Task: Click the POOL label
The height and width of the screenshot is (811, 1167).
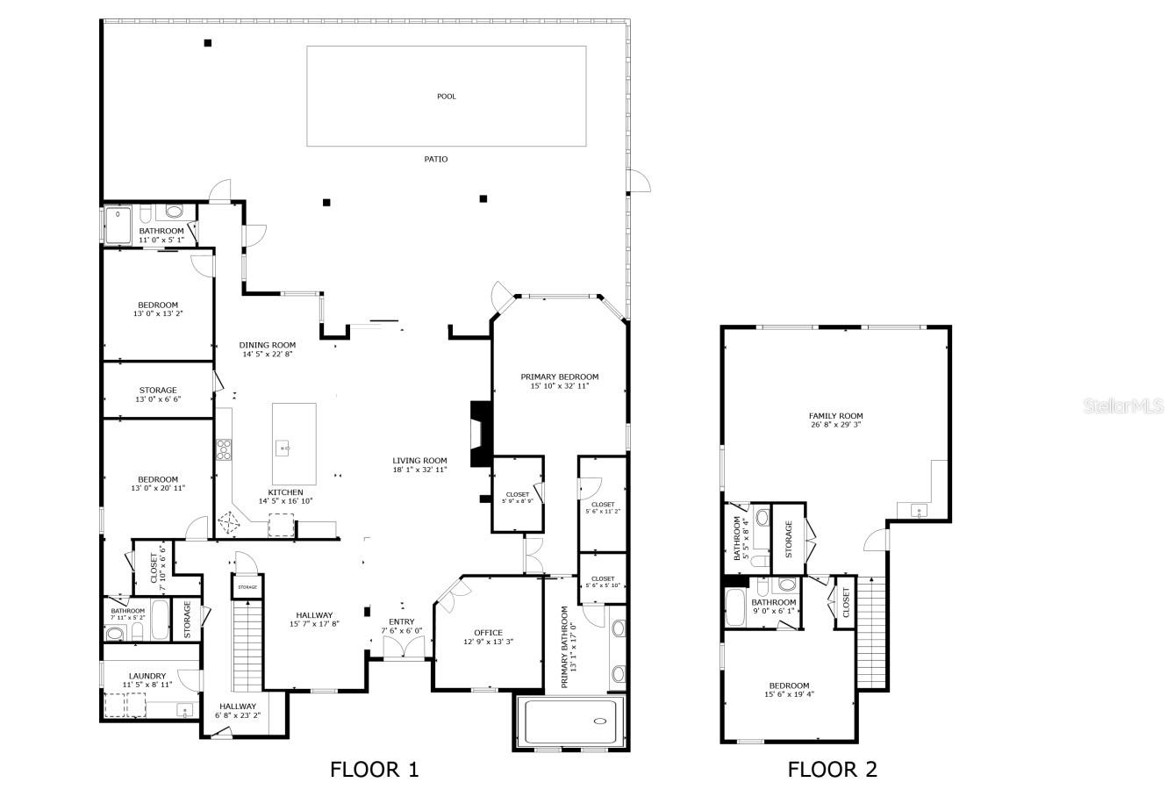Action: tap(447, 97)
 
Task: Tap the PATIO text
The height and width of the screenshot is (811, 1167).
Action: tap(436, 159)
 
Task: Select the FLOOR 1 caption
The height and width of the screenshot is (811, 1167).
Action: tap(375, 770)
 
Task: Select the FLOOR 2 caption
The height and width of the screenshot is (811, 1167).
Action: tap(832, 770)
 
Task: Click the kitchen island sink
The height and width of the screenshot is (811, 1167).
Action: tap(284, 449)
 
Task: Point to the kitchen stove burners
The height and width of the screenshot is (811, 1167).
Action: tap(223, 449)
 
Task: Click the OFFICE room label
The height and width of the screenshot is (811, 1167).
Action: tap(488, 633)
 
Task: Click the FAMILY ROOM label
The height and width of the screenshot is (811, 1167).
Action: tap(835, 416)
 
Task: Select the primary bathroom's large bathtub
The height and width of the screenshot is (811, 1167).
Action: tap(572, 721)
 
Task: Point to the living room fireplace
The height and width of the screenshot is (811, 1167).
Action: tap(481, 434)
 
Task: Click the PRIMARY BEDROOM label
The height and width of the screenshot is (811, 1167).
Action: tap(559, 377)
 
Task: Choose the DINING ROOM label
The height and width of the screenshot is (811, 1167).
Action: tap(268, 345)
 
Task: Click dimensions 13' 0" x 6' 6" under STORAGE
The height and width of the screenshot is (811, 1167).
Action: tap(158, 400)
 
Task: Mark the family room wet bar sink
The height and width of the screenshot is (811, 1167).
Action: tap(919, 510)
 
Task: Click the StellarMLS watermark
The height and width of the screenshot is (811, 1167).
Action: tap(1122, 406)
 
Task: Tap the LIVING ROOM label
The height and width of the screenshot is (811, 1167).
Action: tap(419, 460)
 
